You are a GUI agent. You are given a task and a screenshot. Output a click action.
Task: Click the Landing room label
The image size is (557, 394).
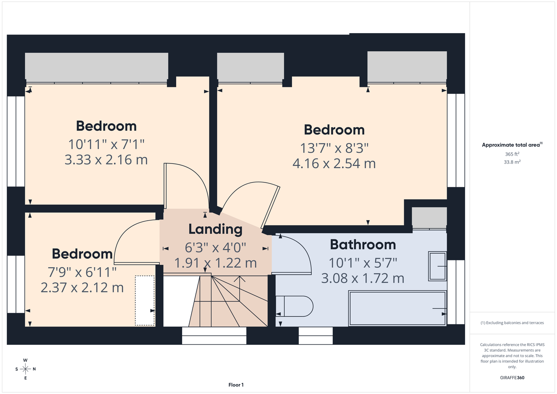point(215,229)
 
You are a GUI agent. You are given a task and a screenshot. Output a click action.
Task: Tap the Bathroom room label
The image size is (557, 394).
point(363,245)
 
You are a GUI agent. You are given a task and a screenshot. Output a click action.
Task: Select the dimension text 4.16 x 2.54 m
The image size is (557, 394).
point(334,164)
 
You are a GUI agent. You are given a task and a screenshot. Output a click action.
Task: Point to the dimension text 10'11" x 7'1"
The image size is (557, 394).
point(106,145)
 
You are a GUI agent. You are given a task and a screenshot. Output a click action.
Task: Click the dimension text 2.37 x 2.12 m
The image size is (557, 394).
point(82,288)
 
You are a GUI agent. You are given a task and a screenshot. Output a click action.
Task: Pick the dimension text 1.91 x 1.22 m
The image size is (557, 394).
point(215,263)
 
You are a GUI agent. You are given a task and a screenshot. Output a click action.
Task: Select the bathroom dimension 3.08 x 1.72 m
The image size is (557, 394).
point(363,279)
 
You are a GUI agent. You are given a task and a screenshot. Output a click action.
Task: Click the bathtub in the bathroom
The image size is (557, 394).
point(397,308)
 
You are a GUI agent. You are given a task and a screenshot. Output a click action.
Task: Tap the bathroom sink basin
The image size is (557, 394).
point(437,266)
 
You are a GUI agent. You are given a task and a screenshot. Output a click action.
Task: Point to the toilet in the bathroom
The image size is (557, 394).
point(295,306)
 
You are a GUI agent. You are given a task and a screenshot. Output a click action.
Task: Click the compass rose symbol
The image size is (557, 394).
point(25,369)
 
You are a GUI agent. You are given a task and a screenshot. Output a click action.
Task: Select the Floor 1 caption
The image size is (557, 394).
point(236,385)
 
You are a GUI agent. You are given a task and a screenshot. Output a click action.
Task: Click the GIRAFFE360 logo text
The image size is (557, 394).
point(512,377)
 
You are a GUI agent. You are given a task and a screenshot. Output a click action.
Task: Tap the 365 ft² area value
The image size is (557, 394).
point(512,154)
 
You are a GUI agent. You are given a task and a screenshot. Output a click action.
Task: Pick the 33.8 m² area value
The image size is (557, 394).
point(512,162)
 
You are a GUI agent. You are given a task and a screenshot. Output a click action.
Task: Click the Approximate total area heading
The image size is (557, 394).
point(512,145)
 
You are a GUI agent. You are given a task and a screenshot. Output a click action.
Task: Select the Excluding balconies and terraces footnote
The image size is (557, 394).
point(512,323)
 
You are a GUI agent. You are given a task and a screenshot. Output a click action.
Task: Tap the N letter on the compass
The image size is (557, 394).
point(34,369)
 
